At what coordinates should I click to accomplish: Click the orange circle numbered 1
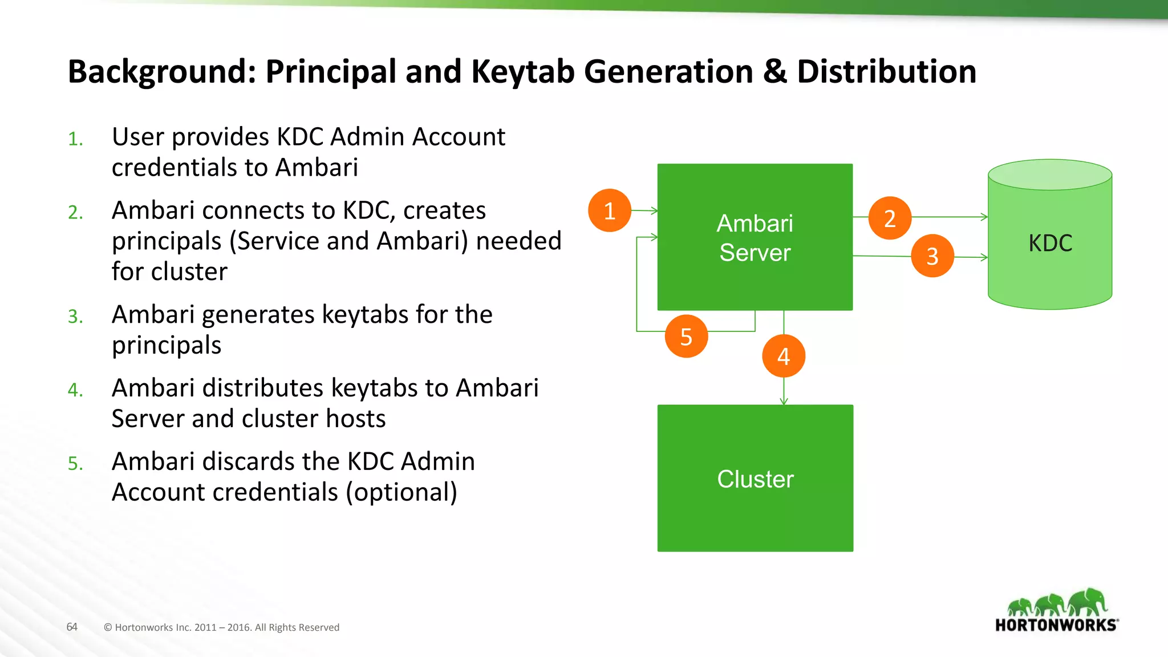[610, 210]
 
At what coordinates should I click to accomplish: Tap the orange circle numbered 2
[890, 218]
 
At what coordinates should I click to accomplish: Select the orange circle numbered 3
[932, 256]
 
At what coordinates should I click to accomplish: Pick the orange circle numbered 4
[784, 356]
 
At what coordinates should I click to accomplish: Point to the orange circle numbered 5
[686, 336]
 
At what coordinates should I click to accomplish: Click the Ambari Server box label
[755, 238]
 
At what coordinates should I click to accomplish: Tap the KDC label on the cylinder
[1050, 244]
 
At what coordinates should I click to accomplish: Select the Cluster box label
[755, 479]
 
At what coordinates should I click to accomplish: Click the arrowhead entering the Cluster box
[784, 401]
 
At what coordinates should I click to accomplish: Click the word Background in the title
[162, 72]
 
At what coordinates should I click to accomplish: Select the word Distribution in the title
[886, 72]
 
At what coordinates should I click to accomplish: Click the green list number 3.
[75, 317]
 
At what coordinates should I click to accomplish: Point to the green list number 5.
[75, 464]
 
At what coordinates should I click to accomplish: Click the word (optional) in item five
[401, 492]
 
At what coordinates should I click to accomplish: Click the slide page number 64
[72, 627]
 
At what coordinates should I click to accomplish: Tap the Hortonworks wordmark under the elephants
[1056, 625]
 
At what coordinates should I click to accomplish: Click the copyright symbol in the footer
[108, 627]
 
